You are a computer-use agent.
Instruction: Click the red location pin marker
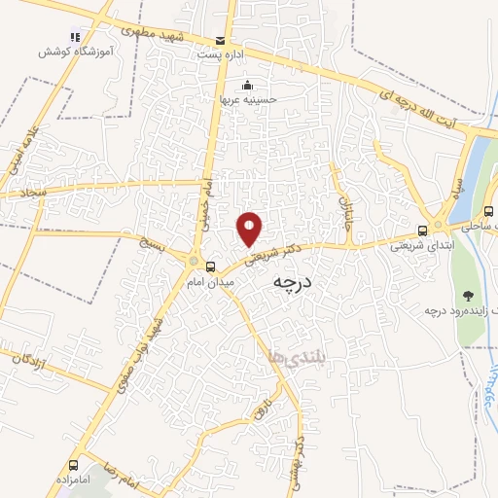point(250,228)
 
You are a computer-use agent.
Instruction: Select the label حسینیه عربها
point(249,98)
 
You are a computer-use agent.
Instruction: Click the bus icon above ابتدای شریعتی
point(422,231)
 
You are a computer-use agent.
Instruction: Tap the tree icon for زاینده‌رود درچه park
point(469,295)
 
